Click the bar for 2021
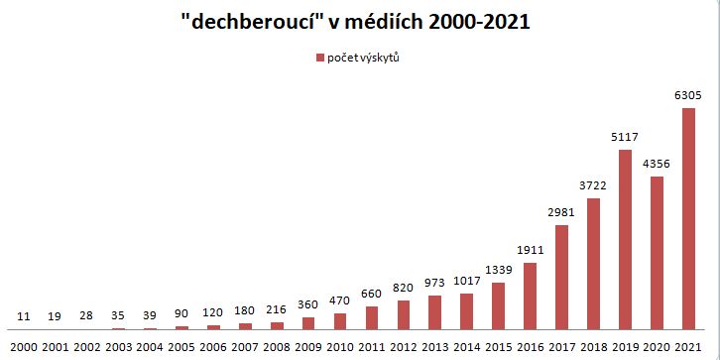click(x=688, y=218)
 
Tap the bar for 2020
click(x=657, y=253)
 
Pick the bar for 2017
click(x=561, y=277)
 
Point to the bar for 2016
click(x=530, y=296)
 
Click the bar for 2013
click(x=434, y=312)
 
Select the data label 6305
click(x=688, y=96)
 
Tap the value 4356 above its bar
click(x=657, y=165)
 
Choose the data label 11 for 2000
click(x=24, y=316)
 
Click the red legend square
click(x=318, y=58)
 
